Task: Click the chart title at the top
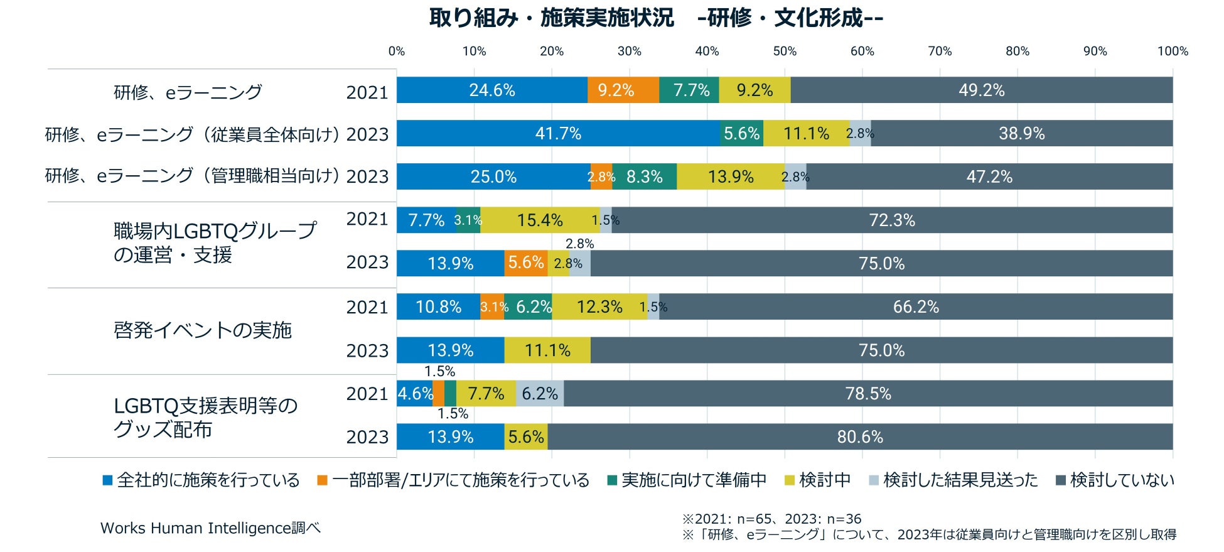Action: [x=656, y=18]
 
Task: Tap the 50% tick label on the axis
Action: [x=785, y=51]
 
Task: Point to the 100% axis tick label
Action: [x=1173, y=51]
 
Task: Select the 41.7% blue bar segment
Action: [x=558, y=134]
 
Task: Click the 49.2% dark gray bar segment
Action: [x=981, y=90]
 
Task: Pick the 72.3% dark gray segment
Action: [x=892, y=220]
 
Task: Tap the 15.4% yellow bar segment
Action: [x=540, y=220]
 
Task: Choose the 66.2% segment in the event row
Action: [x=916, y=307]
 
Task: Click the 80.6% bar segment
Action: [x=860, y=437]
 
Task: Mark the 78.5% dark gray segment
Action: [x=868, y=394]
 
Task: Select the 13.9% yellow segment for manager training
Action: [x=731, y=177]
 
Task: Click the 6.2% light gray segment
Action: [x=540, y=394]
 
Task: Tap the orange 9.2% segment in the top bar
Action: [x=616, y=90]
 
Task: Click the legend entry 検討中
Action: [x=818, y=480]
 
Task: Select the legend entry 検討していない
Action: [x=1115, y=480]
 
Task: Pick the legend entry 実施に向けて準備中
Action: [x=687, y=480]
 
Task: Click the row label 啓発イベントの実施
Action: [x=203, y=330]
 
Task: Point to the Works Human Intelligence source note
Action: [x=210, y=528]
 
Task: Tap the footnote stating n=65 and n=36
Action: [x=771, y=519]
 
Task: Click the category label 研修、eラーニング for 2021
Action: [x=188, y=93]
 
